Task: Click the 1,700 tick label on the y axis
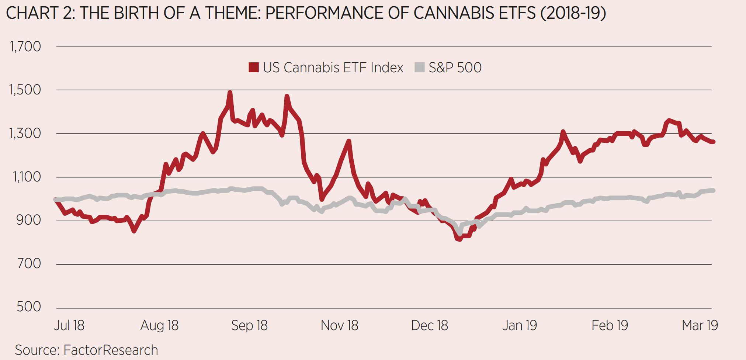(25, 47)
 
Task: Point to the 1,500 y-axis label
(25, 90)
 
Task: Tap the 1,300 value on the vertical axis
(25, 134)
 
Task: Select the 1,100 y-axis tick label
(27, 177)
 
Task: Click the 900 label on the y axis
(29, 220)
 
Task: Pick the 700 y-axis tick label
(29, 264)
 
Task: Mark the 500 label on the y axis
(29, 307)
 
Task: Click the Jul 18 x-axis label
(69, 325)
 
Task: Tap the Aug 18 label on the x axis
(159, 325)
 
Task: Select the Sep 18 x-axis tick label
(249, 325)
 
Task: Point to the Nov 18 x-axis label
(339, 325)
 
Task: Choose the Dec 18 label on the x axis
(429, 325)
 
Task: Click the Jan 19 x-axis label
(519, 325)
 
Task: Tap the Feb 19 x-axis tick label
(610, 325)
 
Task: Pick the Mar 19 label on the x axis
(700, 325)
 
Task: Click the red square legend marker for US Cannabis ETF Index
(254, 67)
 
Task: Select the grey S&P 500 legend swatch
(419, 67)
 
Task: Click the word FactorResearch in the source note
(111, 350)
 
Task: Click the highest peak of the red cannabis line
(230, 93)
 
